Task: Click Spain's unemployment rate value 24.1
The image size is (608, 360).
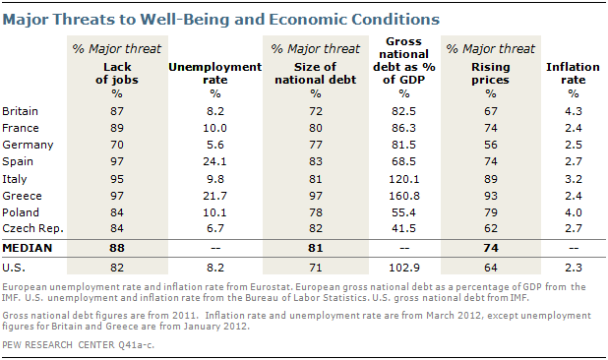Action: click(x=214, y=161)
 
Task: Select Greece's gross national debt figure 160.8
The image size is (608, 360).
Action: click(x=404, y=196)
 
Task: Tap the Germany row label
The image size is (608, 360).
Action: click(x=28, y=145)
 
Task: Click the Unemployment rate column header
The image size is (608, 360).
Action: click(x=215, y=73)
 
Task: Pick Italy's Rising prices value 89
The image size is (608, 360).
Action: click(x=491, y=179)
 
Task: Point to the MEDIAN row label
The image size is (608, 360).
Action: click(x=28, y=248)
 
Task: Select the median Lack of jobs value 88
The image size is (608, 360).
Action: click(x=117, y=248)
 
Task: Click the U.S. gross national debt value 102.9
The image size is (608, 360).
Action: click(x=404, y=268)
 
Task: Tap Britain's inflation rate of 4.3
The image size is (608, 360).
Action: click(x=574, y=111)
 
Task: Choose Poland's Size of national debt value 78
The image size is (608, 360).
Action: click(x=315, y=212)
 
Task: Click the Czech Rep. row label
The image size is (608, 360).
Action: click(x=33, y=228)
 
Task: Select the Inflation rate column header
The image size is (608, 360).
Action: click(x=574, y=73)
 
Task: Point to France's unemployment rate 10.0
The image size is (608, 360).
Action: click(x=214, y=128)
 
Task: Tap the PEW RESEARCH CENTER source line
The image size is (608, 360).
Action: click(x=78, y=345)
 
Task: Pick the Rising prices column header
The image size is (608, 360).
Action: click(x=491, y=73)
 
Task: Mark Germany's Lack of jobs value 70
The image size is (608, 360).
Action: click(x=117, y=145)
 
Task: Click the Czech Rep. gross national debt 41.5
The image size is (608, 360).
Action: click(x=404, y=228)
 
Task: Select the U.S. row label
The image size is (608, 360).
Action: click(x=14, y=268)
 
